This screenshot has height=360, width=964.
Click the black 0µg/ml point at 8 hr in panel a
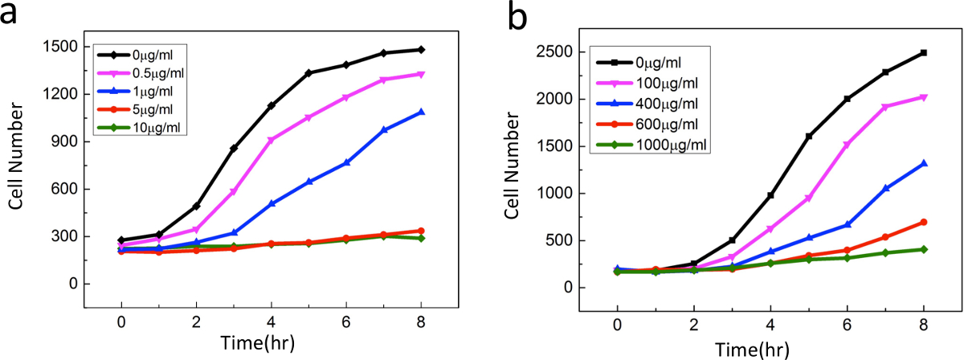point(421,50)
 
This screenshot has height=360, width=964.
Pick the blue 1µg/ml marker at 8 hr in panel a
point(421,112)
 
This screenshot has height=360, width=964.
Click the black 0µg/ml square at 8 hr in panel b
point(924,53)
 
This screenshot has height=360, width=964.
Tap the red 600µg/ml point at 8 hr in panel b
point(924,222)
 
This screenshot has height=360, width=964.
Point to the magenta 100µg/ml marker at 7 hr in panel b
point(885,107)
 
